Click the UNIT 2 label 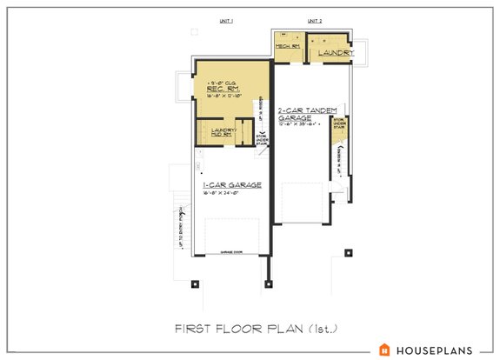pyautogui.click(x=314, y=21)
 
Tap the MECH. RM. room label pyautogui.click(x=287, y=45)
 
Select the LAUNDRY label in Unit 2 pyautogui.click(x=335, y=54)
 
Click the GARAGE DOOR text pyautogui.click(x=230, y=248)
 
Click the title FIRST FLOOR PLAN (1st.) pyautogui.click(x=250, y=328)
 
